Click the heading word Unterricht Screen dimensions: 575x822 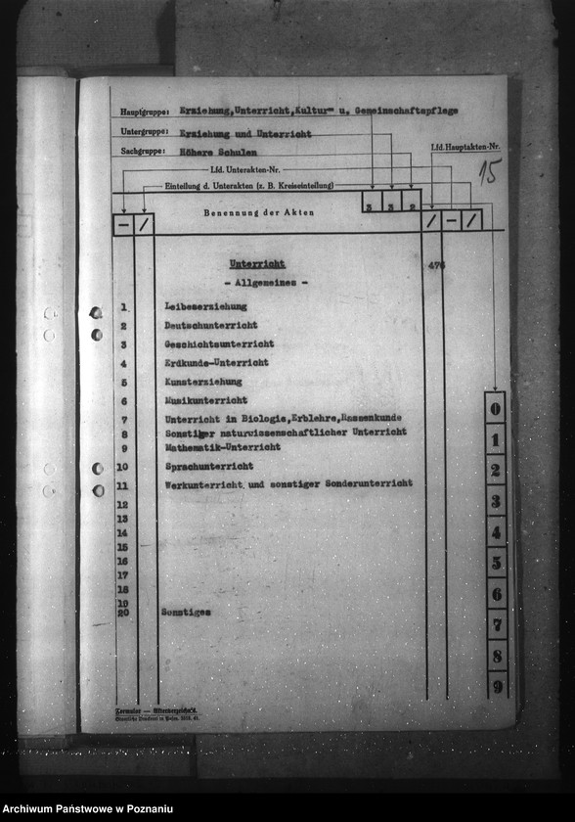pos(256,264)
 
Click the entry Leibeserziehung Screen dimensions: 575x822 pos(205,307)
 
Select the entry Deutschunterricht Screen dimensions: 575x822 pos(210,325)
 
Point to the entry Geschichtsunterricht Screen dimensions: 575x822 pos(218,344)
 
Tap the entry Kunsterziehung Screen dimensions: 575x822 pos(202,382)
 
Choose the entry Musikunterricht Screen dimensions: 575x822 pos(205,400)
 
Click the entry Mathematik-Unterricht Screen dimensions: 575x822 pos(222,447)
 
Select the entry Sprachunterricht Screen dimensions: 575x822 pos(208,467)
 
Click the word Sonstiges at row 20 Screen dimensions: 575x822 pos(186,612)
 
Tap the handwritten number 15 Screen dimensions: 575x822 pos(490,172)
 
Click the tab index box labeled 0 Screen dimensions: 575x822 pos(496,408)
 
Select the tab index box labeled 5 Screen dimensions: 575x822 pos(496,563)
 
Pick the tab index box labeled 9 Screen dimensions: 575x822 pos(497,686)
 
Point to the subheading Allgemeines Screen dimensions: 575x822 pos(265,283)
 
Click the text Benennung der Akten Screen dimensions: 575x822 pos(258,212)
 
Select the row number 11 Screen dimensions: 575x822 pos(122,485)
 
